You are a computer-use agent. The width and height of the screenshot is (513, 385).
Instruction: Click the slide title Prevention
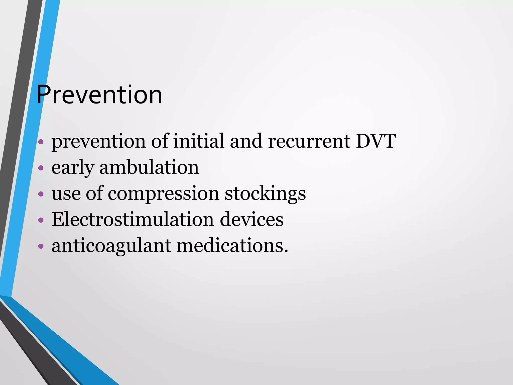99,95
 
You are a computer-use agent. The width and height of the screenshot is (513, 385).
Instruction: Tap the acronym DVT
376,141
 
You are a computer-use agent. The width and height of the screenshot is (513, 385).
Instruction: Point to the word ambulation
149,167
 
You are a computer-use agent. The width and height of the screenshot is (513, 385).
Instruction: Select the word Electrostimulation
133,219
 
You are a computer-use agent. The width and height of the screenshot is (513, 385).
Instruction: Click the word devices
251,219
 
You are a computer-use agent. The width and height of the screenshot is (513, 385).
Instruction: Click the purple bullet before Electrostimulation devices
41,220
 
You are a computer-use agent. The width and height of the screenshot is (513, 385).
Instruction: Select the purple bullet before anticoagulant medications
41,246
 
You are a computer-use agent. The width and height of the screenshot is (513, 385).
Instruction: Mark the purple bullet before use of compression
41,194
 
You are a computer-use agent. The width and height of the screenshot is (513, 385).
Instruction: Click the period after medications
286,251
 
